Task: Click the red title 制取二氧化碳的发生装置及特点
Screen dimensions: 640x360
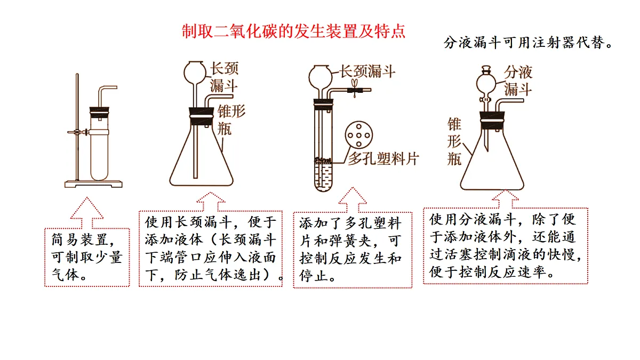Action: tap(293, 31)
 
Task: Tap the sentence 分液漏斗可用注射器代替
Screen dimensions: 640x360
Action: tap(528, 43)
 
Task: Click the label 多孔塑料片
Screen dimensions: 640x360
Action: tap(383, 159)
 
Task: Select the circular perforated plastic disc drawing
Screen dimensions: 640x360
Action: tap(359, 135)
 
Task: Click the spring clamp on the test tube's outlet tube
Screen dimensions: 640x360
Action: tap(355, 89)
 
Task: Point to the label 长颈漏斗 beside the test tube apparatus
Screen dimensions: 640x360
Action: tap(367, 71)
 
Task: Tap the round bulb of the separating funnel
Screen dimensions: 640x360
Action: tap(486, 84)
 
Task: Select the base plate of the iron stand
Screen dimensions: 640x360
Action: tap(93, 184)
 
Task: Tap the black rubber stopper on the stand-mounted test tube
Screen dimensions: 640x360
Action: tap(99, 113)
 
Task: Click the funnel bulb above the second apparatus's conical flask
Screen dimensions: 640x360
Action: tap(195, 73)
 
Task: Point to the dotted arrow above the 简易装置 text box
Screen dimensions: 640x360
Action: tap(87, 212)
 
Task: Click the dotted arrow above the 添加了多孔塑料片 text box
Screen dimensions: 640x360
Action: tap(353, 199)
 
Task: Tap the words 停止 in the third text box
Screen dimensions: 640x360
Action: tap(314, 276)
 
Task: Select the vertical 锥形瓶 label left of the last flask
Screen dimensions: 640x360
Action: tap(454, 141)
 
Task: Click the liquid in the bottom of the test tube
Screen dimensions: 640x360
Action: tap(323, 176)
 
